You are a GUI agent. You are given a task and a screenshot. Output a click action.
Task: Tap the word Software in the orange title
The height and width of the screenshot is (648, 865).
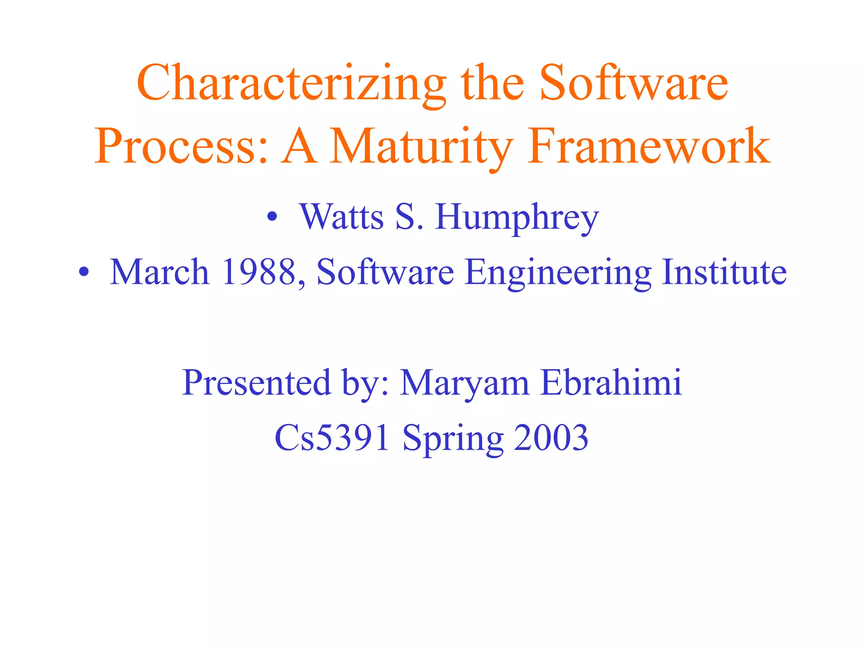tap(634, 84)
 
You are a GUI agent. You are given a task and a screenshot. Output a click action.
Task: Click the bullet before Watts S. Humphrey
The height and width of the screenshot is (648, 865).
tap(272, 218)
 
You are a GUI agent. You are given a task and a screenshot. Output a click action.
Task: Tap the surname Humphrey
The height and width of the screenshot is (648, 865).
tap(517, 217)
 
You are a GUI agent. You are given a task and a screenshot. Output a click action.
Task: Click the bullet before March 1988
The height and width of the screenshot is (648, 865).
tap(84, 273)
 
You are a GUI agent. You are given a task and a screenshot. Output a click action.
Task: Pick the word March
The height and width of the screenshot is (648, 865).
tap(160, 272)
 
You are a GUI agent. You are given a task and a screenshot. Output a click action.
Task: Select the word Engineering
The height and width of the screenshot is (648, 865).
tap(558, 272)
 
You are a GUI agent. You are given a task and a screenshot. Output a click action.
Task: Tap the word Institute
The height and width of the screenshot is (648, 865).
tap(724, 272)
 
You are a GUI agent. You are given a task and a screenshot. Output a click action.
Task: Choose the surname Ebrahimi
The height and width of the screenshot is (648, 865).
tap(611, 383)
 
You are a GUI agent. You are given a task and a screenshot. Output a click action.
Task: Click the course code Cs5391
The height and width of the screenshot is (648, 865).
tap(332, 438)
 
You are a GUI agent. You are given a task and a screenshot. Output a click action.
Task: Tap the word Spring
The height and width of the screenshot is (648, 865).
tap(453, 438)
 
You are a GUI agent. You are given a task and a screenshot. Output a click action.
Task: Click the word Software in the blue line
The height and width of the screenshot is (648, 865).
tap(385, 272)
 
